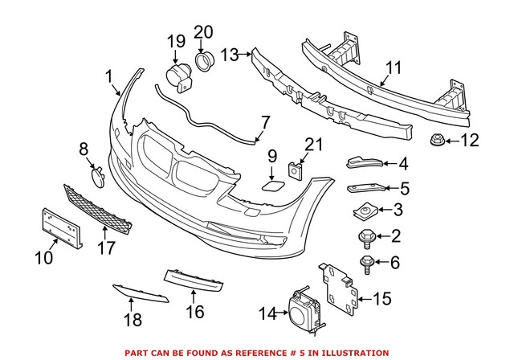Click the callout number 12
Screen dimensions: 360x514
click(469, 142)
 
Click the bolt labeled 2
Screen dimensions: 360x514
click(362, 235)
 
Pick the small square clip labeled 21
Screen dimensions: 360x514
click(295, 170)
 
